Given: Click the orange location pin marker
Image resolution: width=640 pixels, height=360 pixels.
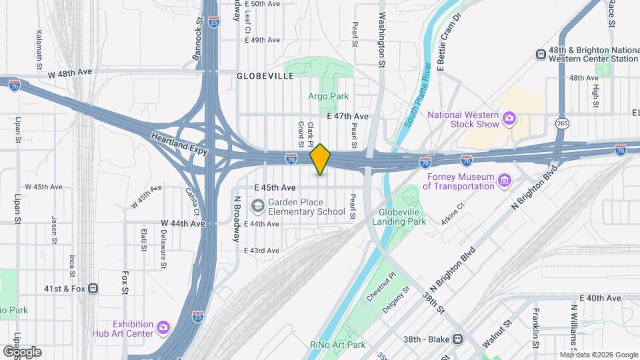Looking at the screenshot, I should click(321, 159).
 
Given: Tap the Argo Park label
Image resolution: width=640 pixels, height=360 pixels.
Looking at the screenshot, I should click(329, 97).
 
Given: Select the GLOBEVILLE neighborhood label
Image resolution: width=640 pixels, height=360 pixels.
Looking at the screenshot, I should click(265, 77).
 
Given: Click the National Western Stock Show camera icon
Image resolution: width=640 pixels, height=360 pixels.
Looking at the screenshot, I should click(509, 119).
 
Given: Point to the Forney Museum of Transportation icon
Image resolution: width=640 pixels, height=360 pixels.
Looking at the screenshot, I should click(504, 181).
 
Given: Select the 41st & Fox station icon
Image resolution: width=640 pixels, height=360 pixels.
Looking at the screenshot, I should click(93, 289).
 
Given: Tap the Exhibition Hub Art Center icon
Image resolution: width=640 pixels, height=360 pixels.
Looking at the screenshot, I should click(163, 327).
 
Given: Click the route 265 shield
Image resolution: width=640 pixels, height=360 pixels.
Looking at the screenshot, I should click(561, 123).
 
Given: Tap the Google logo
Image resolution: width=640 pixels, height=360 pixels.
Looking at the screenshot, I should click(21, 351).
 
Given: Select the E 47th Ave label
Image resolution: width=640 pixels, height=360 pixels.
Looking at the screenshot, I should click(348, 116).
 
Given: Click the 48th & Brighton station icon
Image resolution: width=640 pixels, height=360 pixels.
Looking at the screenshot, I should click(539, 54).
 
